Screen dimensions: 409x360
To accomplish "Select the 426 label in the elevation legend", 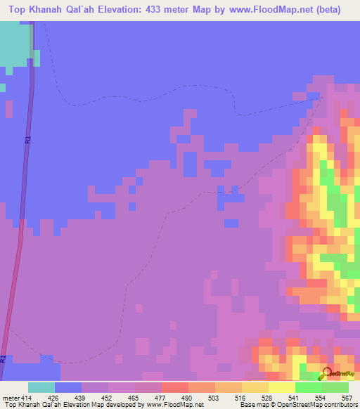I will pyautogui.click(x=52, y=398).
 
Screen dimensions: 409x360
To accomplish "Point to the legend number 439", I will pyautogui.click(x=80, y=398).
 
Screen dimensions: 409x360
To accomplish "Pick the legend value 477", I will pyautogui.click(x=160, y=398).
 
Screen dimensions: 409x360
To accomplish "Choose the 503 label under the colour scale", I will pyautogui.click(x=213, y=398).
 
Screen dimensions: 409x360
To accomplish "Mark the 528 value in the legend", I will pyautogui.click(x=266, y=398).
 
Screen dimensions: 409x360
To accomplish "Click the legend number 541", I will pyautogui.click(x=292, y=398).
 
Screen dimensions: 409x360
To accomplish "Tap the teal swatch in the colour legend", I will pyautogui.click(x=41, y=387).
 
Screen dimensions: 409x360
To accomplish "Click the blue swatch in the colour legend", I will pyautogui.click(x=68, y=387).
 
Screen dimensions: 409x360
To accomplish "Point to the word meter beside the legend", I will pyautogui.click(x=8, y=398).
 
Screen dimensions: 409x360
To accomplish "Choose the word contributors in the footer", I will pyautogui.click(x=337, y=405).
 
